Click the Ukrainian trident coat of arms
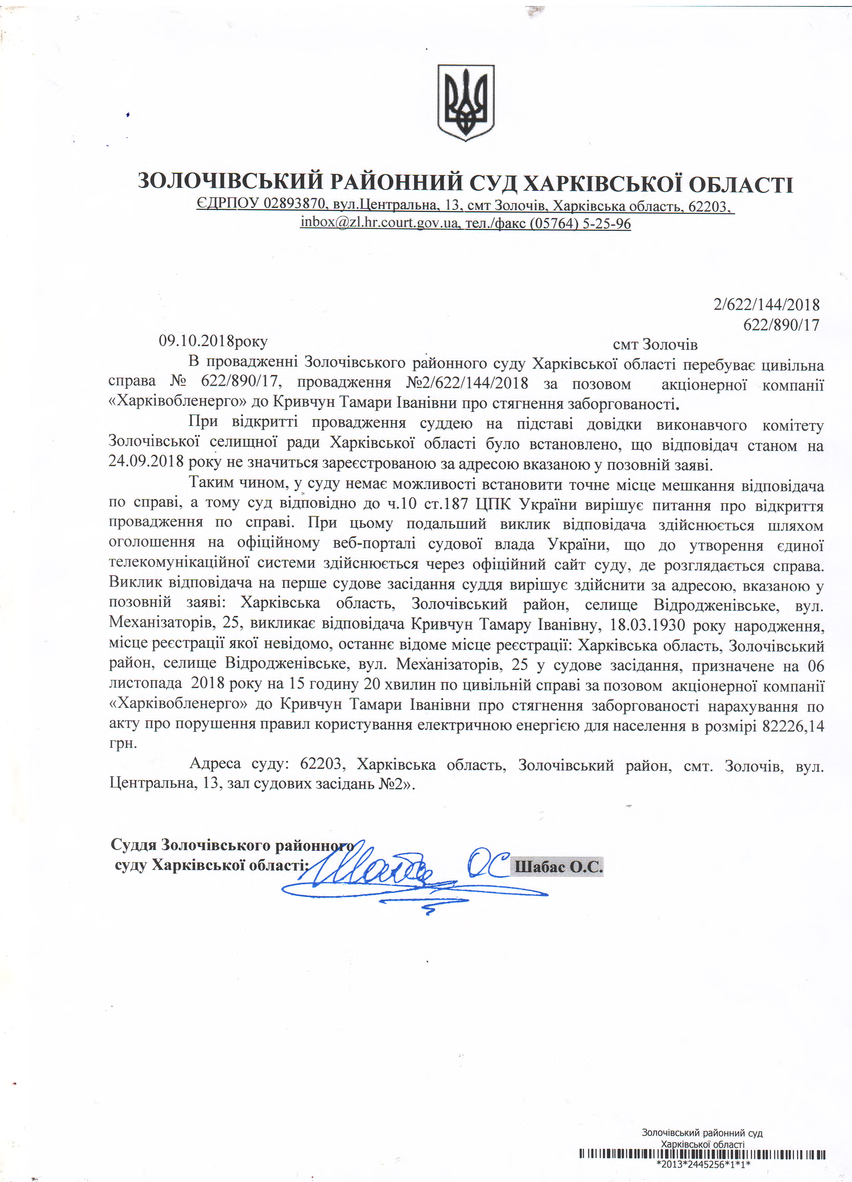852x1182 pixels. tap(465, 103)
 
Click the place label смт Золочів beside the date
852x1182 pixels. tap(655, 344)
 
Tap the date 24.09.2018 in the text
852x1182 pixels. tap(146, 461)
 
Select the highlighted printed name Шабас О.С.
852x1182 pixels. tap(558, 867)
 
